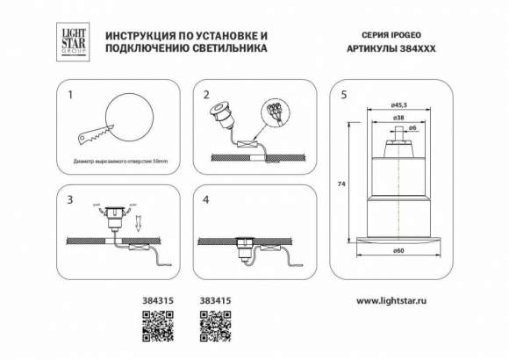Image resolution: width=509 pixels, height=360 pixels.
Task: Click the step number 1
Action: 72,92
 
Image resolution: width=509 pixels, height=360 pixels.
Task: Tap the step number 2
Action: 207,92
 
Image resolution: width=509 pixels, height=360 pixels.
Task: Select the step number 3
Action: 72,200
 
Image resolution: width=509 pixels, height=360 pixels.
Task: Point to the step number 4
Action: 207,200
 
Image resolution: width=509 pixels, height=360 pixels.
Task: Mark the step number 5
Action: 344,92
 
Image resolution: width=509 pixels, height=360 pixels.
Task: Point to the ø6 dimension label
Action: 414,129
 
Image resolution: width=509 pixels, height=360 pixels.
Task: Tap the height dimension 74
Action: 341,184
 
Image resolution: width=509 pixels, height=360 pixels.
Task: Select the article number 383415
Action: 214,300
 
